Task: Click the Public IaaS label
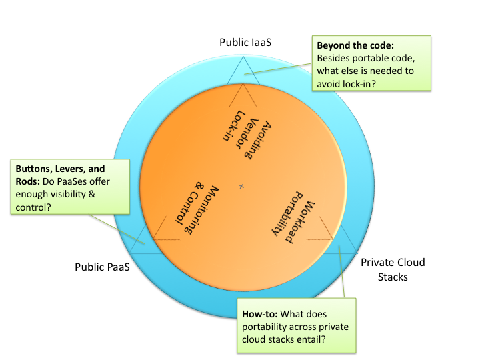coord(245,42)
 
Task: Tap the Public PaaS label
coord(102,267)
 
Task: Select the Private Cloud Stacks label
coord(393,270)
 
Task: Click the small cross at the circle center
coord(241,186)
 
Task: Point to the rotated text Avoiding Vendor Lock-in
coord(247,135)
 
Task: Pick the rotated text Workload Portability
coord(293,217)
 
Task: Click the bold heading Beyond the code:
coord(355,45)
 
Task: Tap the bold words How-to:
coord(259,314)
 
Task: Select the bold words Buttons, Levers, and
coord(60,169)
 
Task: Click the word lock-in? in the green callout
coord(346,84)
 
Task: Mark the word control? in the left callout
coord(33,207)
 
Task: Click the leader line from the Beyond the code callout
coord(277,69)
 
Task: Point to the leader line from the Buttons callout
coord(117,229)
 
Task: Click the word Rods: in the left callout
coord(28,181)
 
